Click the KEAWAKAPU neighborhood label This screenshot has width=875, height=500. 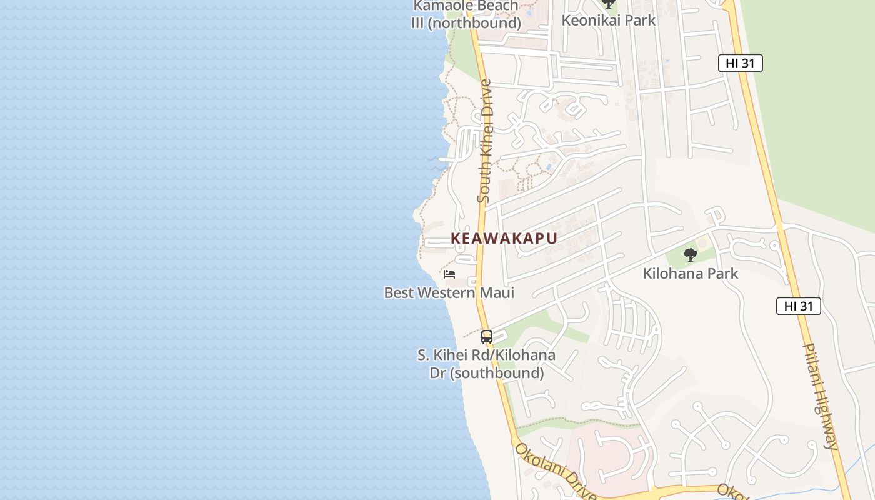tap(504, 238)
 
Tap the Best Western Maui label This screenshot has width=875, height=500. tap(449, 292)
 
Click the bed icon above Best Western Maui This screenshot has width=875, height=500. tap(449, 274)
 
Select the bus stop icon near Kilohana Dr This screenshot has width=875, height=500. tap(487, 336)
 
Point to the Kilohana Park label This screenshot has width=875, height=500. tap(691, 273)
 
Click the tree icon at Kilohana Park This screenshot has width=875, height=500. tap(691, 254)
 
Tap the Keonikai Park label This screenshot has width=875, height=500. tap(609, 20)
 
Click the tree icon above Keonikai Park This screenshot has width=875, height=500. tap(609, 3)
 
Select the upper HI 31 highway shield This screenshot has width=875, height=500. tap(740, 62)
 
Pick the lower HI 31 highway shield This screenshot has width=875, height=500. tap(798, 306)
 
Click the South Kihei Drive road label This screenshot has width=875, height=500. tap(485, 141)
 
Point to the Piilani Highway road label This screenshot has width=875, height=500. tap(821, 396)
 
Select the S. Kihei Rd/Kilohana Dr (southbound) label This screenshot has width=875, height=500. tap(486, 364)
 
